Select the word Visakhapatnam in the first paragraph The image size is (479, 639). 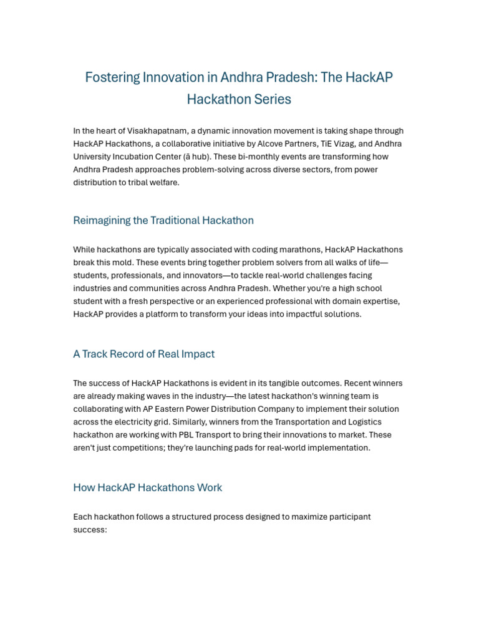pyautogui.click(x=157, y=131)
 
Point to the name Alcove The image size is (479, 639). pyautogui.click(x=264, y=144)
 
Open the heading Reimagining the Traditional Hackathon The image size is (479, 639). pyautogui.click(x=163, y=220)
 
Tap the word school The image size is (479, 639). pyautogui.click(x=369, y=288)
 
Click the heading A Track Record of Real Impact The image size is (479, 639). pyautogui.click(x=143, y=354)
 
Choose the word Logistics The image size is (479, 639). pyautogui.click(x=362, y=422)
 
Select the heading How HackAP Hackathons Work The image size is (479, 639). pyautogui.click(x=147, y=487)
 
